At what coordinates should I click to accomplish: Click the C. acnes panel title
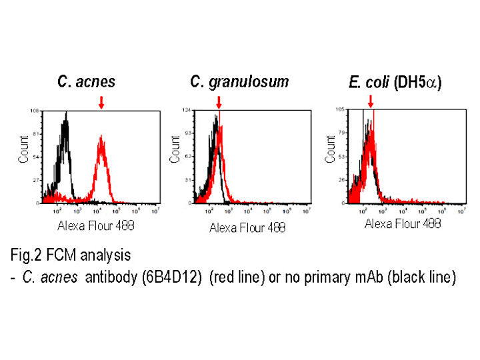click(86, 82)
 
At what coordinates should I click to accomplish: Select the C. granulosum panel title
click(239, 81)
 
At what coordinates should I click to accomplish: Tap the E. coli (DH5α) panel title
click(395, 83)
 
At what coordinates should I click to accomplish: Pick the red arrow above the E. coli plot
click(370, 102)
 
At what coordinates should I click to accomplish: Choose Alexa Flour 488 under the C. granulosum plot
click(247, 227)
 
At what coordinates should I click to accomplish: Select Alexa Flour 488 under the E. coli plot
click(403, 223)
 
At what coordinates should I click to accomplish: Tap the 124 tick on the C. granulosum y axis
click(187, 110)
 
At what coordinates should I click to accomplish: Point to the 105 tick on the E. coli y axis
click(339, 109)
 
